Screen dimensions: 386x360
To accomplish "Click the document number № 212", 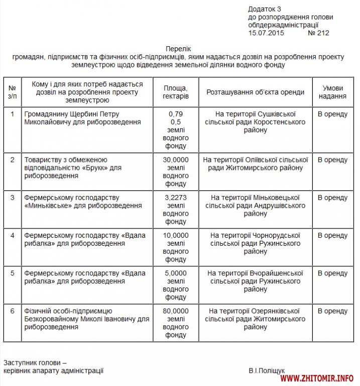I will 318,33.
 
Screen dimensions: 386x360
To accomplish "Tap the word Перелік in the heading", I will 179,49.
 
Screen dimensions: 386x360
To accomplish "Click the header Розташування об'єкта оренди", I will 256,92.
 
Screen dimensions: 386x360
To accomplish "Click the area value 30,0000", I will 176,160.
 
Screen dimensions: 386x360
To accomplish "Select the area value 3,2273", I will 176,198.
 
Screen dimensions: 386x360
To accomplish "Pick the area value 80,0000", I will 176,311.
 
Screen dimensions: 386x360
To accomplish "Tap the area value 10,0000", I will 176,235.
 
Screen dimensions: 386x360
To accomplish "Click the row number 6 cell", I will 13,311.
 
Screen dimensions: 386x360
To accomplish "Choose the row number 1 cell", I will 13,114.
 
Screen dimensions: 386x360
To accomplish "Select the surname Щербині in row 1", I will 79,114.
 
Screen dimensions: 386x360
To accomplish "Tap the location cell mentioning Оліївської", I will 256,164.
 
